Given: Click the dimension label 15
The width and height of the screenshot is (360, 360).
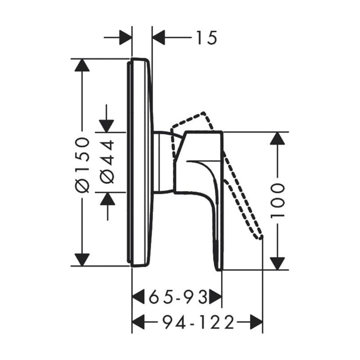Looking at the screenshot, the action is [x=207, y=37].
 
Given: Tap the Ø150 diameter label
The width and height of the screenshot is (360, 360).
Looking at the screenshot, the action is [x=82, y=165].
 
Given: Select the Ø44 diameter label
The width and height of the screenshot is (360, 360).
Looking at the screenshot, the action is [x=108, y=162].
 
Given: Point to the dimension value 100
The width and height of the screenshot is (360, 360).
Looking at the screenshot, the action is [x=278, y=201].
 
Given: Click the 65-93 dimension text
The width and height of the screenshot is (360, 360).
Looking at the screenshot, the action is [x=177, y=297].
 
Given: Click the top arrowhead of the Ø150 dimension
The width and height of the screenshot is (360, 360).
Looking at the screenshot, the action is [x=82, y=65].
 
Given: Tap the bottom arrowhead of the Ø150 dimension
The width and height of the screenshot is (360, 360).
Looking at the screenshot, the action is [x=82, y=260].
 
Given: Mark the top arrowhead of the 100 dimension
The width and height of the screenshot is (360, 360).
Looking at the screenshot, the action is [x=277, y=139].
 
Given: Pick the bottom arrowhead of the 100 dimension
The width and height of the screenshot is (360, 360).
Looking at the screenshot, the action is [x=277, y=263].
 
